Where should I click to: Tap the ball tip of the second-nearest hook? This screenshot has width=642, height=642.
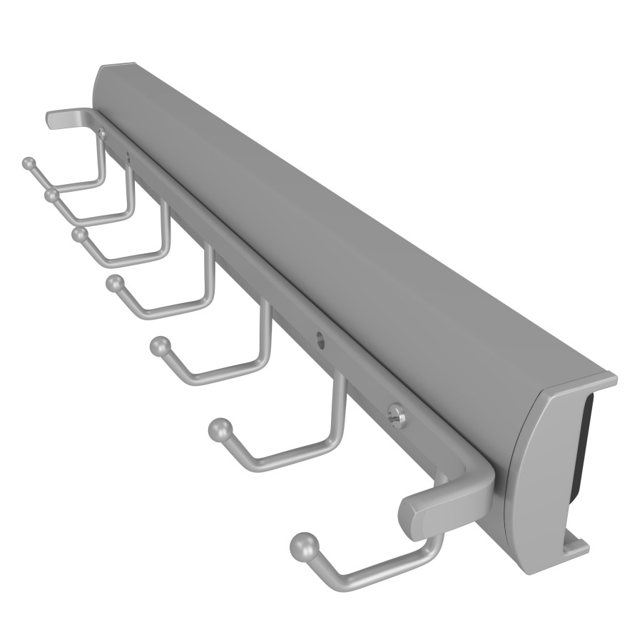pos(219,431)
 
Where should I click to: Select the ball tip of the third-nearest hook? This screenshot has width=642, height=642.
pos(160,347)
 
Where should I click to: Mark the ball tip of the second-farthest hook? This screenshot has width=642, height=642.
pos(51,194)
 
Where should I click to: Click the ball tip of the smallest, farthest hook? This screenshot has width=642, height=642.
pos(29,163)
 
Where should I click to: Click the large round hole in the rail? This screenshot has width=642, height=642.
pos(320,341)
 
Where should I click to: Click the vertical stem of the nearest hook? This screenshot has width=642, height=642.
pos(434,546)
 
